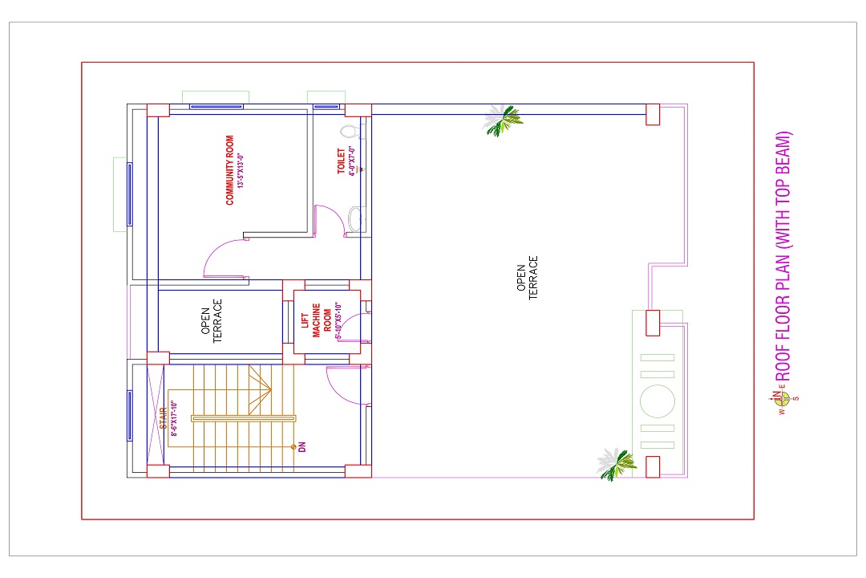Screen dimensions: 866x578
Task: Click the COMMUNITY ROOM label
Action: pyautogui.click(x=230, y=170)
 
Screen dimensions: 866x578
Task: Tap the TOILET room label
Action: pyautogui.click(x=342, y=161)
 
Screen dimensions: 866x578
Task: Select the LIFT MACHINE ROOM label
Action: pyautogui.click(x=316, y=321)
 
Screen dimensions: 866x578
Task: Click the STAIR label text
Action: pyautogui.click(x=163, y=418)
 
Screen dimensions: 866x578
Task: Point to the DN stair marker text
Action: pyautogui.click(x=301, y=447)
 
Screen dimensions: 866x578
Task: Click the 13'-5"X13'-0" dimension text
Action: pyautogui.click(x=241, y=170)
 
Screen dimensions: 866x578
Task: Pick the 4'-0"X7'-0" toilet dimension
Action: pyautogui.click(x=351, y=161)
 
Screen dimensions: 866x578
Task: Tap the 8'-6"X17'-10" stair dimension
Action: pyautogui.click(x=173, y=419)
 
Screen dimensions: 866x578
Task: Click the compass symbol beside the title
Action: pyautogui.click(x=783, y=397)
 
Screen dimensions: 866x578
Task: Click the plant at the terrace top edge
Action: pyautogui.click(x=503, y=120)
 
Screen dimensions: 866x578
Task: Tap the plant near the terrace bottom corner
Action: pyautogui.click(x=616, y=463)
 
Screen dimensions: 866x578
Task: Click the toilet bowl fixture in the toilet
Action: pyautogui.click(x=350, y=132)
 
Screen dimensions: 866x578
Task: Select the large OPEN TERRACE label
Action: pyautogui.click(x=527, y=278)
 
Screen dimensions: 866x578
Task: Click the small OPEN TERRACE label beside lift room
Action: pyautogui.click(x=212, y=321)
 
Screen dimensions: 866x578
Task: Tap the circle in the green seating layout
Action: pyautogui.click(x=658, y=401)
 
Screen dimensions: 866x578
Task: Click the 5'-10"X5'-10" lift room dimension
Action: pyautogui.click(x=338, y=320)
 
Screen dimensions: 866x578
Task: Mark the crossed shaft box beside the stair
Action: pyautogui.click(x=156, y=415)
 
